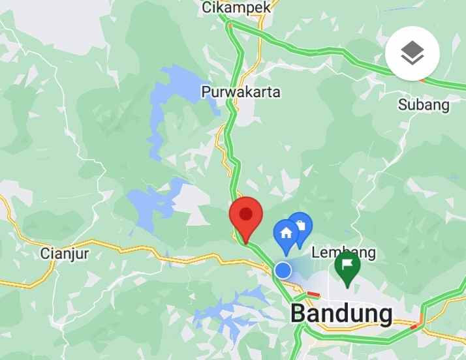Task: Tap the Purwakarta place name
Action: pyautogui.click(x=241, y=92)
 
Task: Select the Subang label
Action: pyautogui.click(x=424, y=104)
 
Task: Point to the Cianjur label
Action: pyautogui.click(x=64, y=252)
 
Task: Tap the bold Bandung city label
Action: pyautogui.click(x=341, y=314)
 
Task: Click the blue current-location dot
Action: pyautogui.click(x=283, y=270)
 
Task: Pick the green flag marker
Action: pyautogui.click(x=348, y=267)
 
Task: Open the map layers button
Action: pyautogui.click(x=412, y=54)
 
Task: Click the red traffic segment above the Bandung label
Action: pyautogui.click(x=314, y=294)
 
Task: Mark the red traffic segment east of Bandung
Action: pyautogui.click(x=416, y=322)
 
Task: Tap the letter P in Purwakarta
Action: pyautogui.click(x=206, y=92)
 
